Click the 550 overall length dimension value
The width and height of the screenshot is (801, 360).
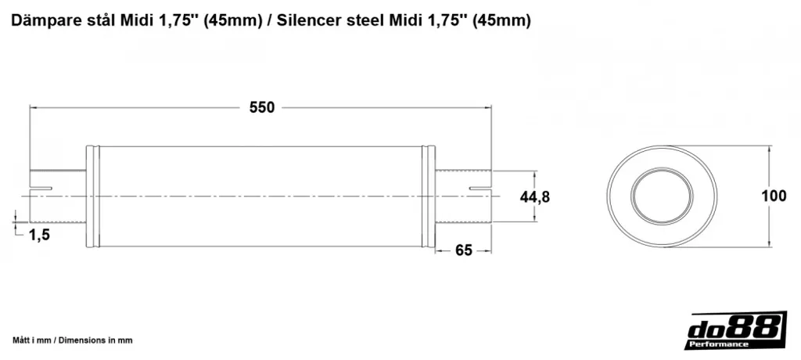click(x=262, y=108)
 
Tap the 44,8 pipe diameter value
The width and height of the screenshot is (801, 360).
click(x=534, y=197)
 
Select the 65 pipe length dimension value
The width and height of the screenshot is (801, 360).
click(x=463, y=250)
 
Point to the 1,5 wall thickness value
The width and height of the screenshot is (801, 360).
click(x=39, y=235)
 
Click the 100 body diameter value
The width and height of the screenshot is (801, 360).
click(x=774, y=196)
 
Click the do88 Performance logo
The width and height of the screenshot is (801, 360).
click(x=735, y=330)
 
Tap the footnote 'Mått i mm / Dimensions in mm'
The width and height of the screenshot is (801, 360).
click(x=72, y=340)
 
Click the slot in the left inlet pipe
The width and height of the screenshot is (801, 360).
click(x=41, y=189)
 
